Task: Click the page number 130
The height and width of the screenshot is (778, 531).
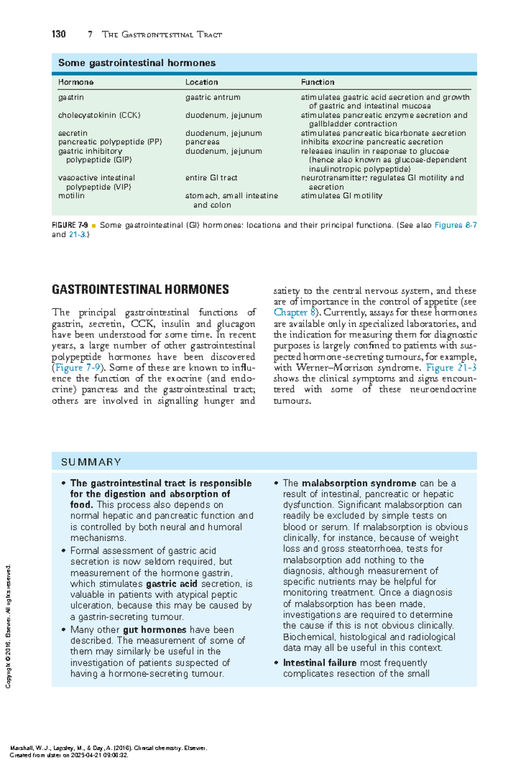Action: pos(59,34)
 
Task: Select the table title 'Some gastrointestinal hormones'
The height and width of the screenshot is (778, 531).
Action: pos(137,63)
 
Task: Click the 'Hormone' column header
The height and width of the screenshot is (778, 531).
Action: pos(76,82)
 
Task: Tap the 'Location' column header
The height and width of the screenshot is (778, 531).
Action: pos(201,82)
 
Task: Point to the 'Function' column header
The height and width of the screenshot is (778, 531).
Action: pos(317,82)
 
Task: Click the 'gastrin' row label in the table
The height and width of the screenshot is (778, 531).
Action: pos(71,97)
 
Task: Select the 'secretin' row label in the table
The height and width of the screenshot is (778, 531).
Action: pos(73,133)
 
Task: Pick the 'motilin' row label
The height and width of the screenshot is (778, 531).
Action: pos(71,195)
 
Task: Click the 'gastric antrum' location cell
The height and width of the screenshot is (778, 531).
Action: pos(212,97)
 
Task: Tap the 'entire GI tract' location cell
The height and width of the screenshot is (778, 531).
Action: pos(211,178)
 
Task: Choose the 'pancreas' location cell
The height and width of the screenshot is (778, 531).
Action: pos(202,142)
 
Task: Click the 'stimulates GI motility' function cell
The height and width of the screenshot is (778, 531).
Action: pos(341,195)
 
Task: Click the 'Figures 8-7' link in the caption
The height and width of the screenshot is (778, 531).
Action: pos(455,225)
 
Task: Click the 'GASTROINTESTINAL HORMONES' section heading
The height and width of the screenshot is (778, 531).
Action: pos(140,290)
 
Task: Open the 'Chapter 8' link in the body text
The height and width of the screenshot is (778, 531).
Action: pos(294,312)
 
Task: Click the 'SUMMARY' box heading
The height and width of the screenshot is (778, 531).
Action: pos(91,462)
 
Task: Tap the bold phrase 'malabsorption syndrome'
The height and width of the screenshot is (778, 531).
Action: pos(359,483)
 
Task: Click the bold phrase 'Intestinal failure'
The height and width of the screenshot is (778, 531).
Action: pos(319,663)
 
